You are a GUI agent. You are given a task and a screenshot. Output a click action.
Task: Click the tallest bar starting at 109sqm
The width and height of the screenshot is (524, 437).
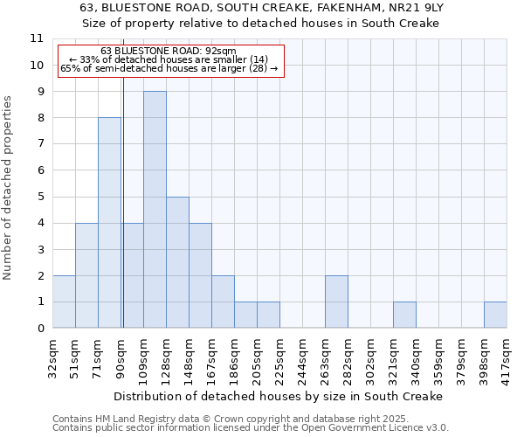click(155, 210)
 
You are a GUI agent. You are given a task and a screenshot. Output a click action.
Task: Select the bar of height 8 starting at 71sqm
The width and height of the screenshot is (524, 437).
click(109, 223)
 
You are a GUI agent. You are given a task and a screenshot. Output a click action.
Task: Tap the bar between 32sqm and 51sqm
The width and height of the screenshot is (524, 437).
click(64, 302)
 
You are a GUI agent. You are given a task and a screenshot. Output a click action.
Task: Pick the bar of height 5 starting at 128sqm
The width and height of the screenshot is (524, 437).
click(177, 262)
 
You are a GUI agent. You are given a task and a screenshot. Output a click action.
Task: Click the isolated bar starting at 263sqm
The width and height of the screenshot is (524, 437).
click(336, 302)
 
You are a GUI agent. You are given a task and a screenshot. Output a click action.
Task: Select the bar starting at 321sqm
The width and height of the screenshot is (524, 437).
click(404, 315)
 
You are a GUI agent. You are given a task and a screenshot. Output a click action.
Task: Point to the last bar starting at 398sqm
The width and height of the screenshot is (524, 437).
click(495, 315)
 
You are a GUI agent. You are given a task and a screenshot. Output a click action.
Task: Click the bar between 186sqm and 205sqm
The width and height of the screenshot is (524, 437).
click(245, 315)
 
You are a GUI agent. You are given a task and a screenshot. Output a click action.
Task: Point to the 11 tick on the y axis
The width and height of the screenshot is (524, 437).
click(37, 38)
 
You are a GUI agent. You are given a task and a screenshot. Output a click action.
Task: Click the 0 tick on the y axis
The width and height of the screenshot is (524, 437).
click(40, 329)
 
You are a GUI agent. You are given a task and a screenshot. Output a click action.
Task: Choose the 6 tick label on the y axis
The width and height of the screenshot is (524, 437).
click(40, 170)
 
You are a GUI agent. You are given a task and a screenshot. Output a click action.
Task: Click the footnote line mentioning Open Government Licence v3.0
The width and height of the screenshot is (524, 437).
click(251, 428)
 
